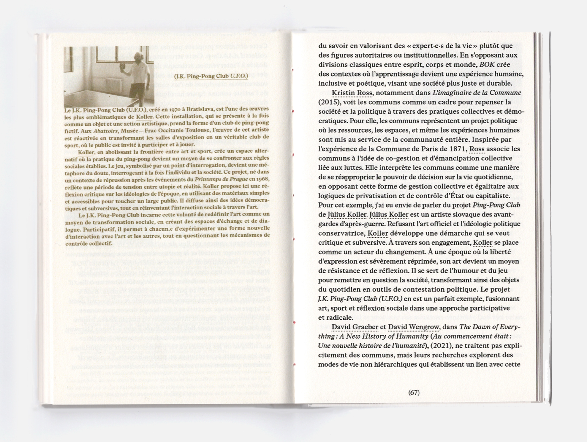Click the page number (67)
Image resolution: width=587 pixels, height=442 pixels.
point(414,392)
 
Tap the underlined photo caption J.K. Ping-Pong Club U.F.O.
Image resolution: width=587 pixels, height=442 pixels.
point(211,76)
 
